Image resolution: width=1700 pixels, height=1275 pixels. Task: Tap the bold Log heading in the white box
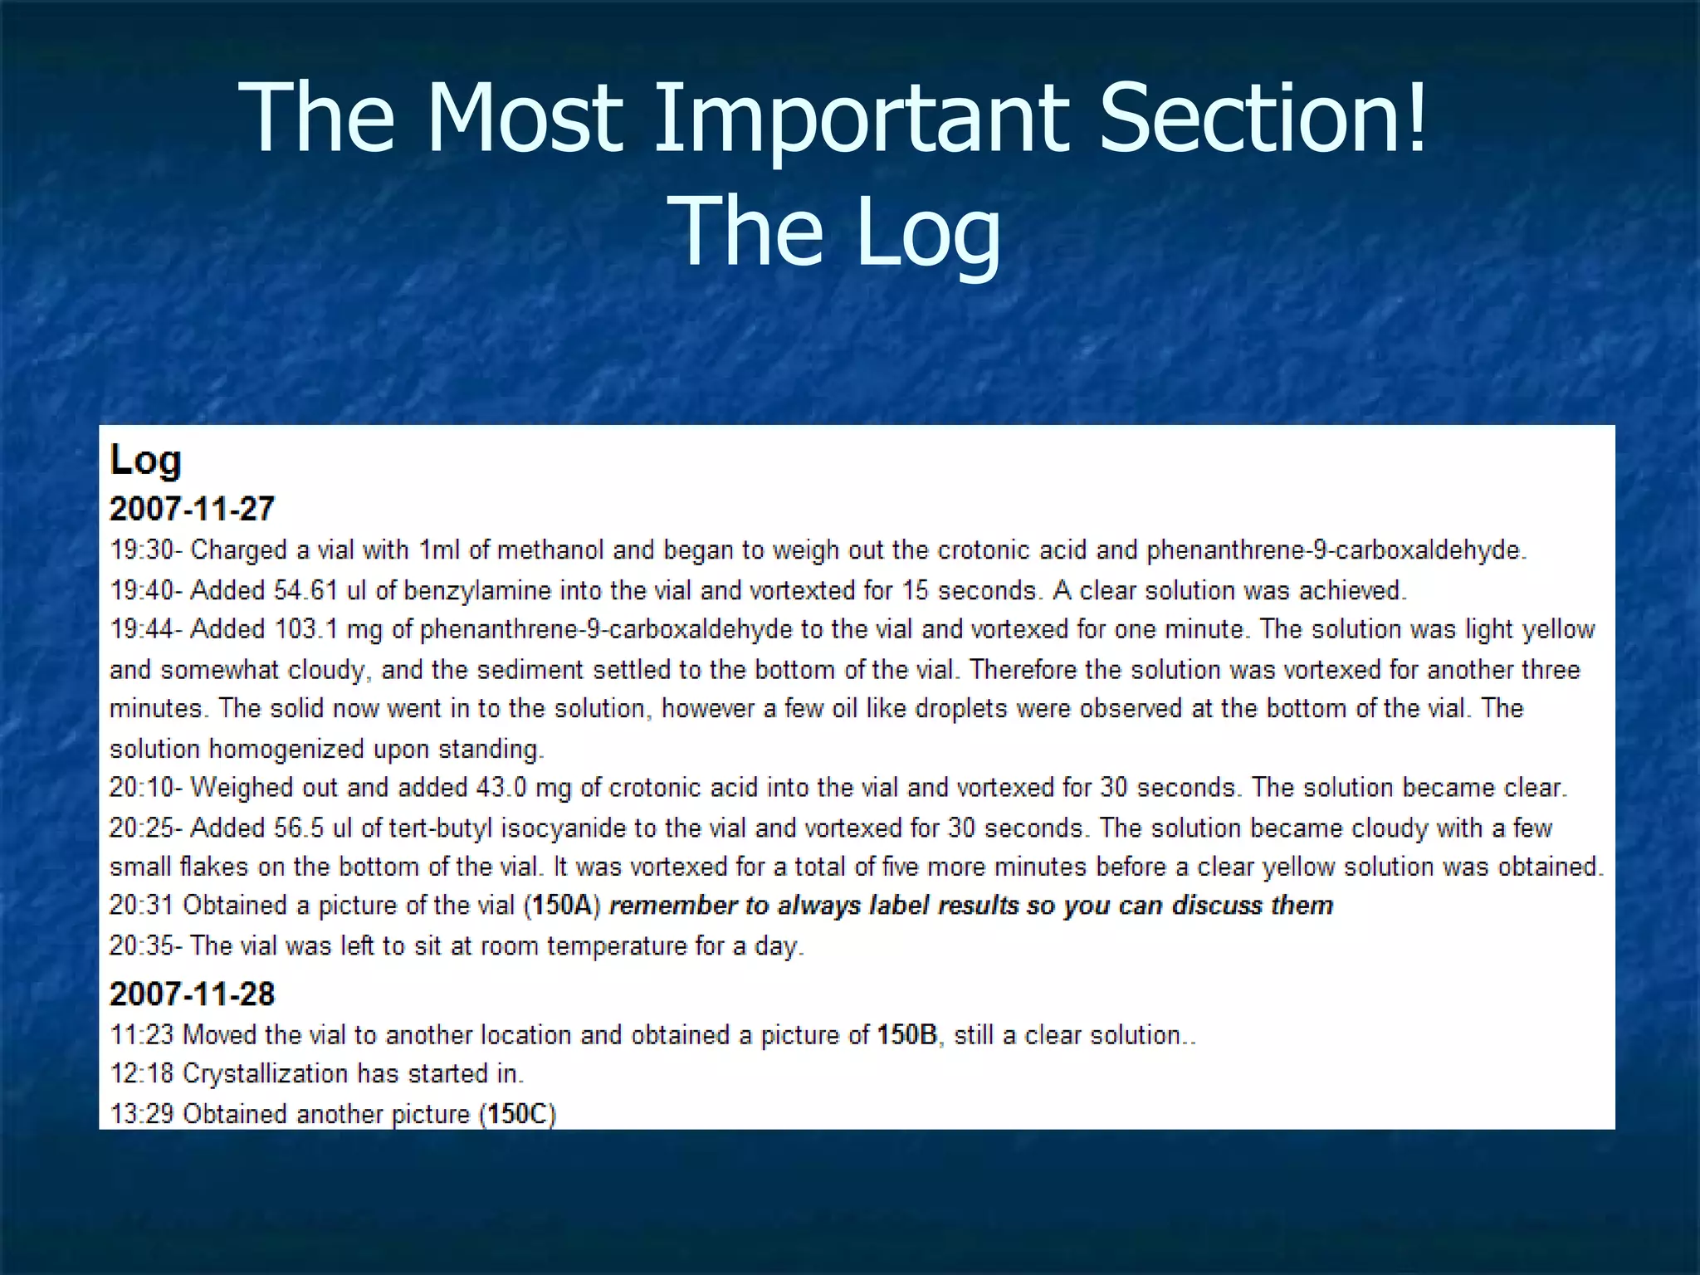click(145, 460)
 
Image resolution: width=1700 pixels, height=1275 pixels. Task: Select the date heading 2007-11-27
click(192, 509)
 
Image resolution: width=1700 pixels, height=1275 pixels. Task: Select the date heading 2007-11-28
click(192, 994)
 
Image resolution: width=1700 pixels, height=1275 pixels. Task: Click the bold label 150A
click(563, 905)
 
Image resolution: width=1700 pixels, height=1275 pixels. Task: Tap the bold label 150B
click(907, 1035)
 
